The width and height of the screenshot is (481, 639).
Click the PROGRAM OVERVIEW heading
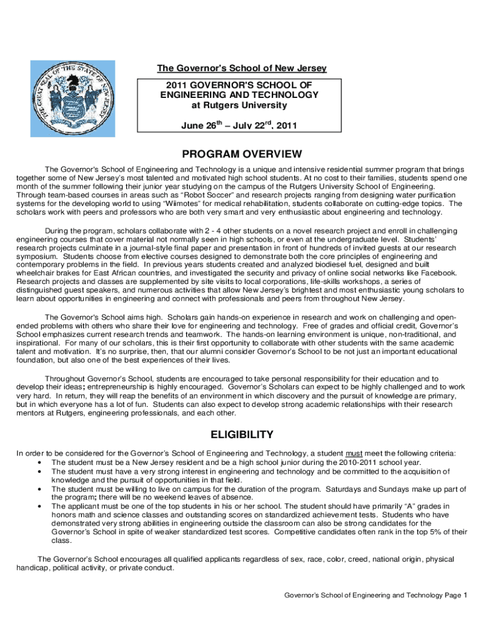coord(241,154)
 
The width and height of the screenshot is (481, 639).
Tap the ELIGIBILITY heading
coord(241,434)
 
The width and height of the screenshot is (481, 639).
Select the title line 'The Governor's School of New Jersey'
coord(241,68)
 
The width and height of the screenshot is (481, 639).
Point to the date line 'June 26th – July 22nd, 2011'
coord(239,125)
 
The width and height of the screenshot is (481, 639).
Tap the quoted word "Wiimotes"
coord(186,203)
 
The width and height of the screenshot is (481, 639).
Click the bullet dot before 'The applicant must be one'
coord(39,506)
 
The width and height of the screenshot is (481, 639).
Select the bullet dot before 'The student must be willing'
coord(39,489)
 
